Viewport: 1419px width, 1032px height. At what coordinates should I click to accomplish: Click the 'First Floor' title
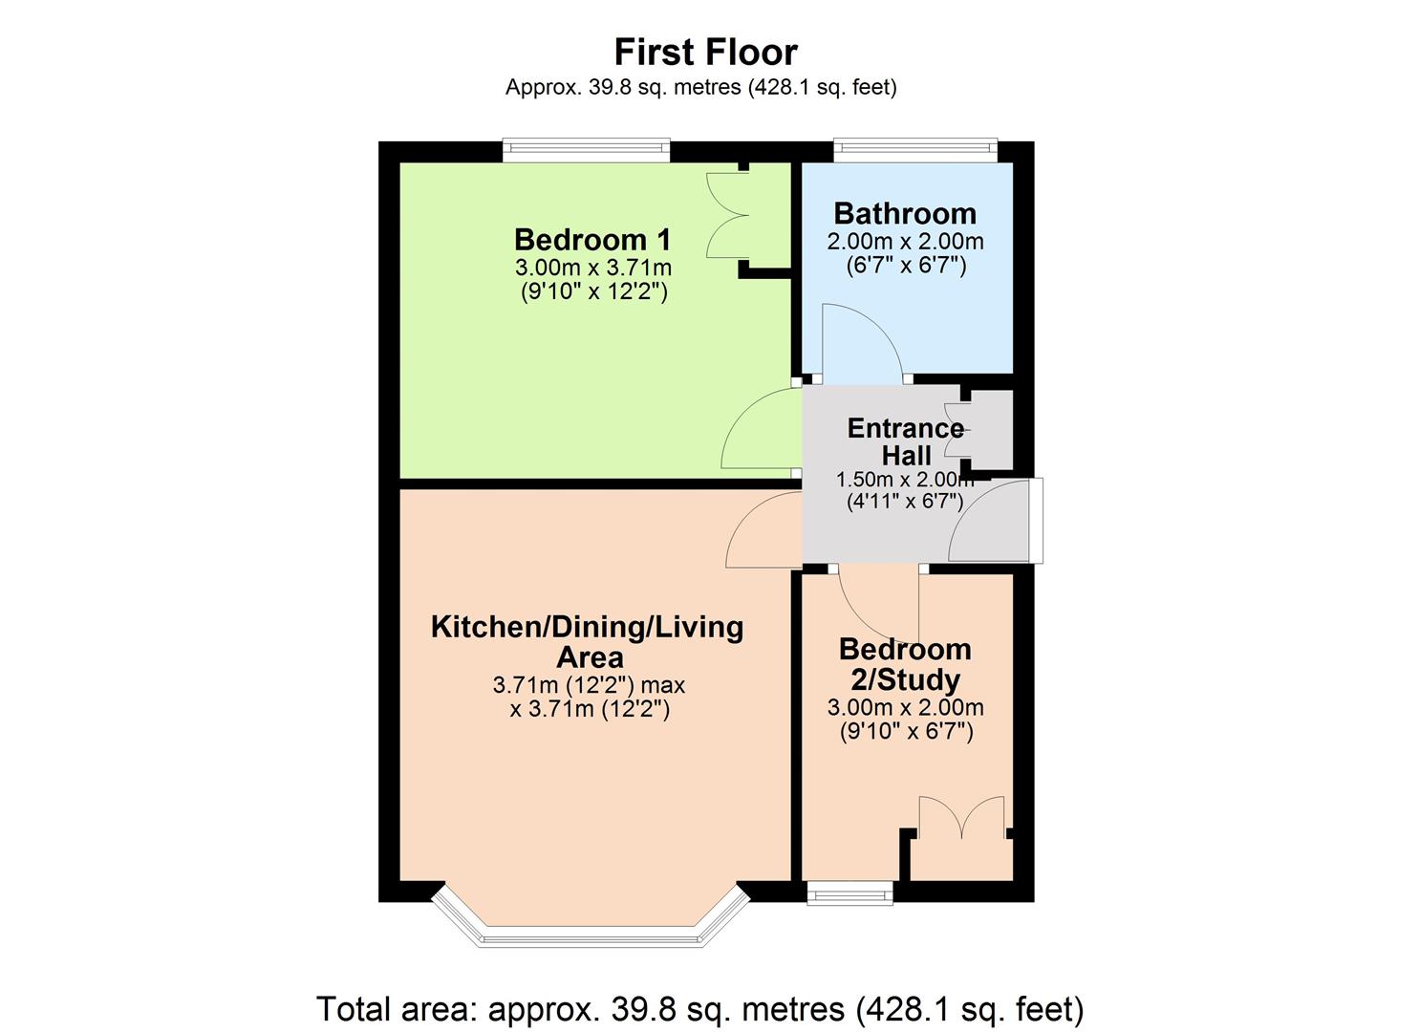[705, 52]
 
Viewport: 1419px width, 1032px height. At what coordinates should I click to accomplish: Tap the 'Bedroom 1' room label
[592, 239]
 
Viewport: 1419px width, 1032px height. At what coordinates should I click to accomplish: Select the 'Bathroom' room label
[905, 213]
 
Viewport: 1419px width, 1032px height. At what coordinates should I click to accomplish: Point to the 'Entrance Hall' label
[905, 441]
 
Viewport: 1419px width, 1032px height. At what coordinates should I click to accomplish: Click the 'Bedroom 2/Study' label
[905, 664]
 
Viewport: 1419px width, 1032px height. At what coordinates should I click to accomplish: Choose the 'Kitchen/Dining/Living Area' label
[588, 642]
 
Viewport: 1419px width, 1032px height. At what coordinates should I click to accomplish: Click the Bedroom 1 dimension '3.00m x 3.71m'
[592, 267]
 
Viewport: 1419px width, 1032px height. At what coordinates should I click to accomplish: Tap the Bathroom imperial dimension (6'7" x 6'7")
[906, 266]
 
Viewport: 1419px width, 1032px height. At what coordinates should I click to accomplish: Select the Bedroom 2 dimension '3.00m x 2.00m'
[905, 708]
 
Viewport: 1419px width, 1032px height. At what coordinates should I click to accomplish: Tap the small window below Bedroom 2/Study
[849, 894]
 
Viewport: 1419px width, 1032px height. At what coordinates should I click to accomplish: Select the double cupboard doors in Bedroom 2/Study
[961, 818]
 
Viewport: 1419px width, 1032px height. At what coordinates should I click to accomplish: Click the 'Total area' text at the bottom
[699, 1009]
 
